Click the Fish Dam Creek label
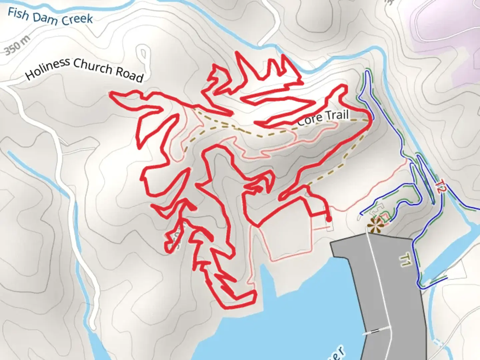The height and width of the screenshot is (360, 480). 50,17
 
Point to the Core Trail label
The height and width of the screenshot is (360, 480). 323,117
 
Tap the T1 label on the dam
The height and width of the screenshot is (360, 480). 405,259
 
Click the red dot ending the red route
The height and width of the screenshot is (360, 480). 328,219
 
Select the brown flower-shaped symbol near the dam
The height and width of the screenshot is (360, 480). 375,226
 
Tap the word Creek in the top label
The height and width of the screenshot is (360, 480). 77,19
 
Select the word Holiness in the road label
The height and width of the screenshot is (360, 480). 48,68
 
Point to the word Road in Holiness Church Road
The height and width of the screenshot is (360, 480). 129,74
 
